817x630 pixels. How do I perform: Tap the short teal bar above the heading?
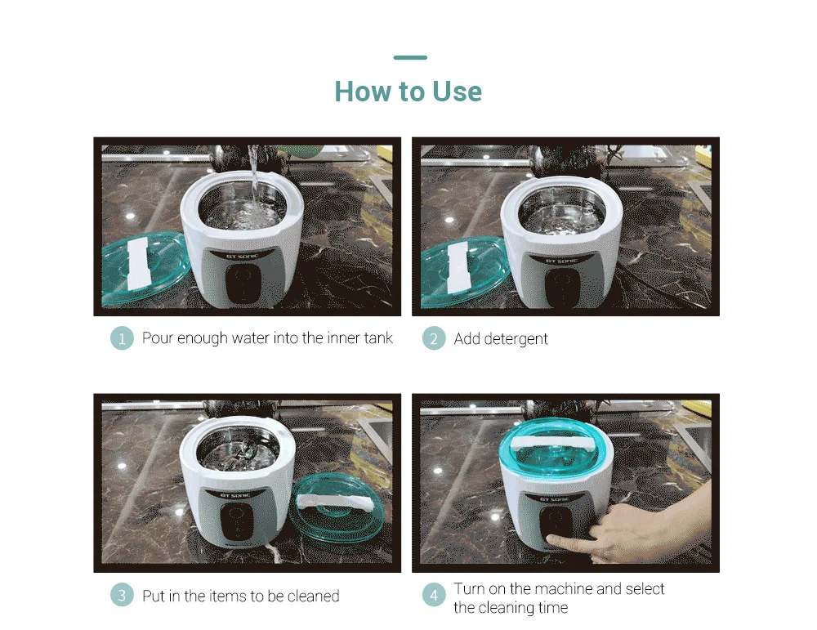pos(410,57)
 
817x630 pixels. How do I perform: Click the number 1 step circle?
pos(122,338)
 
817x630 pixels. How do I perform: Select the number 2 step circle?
pos(434,338)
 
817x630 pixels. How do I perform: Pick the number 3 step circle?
pos(122,595)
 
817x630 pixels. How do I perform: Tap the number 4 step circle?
pos(434,595)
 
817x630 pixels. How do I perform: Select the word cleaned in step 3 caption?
pos(313,596)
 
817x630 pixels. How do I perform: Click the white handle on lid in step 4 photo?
pos(555,443)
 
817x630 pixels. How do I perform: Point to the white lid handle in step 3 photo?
pos(334,502)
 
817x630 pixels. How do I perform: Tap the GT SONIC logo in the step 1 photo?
pos(242,255)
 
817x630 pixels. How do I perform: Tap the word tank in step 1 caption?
pos(378,338)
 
